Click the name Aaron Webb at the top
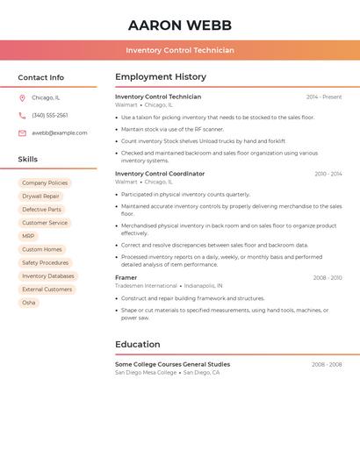coord(180,25)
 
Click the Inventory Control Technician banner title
coord(180,50)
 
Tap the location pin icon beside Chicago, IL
coord(22,98)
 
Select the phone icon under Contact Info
coord(22,116)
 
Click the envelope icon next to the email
coord(22,133)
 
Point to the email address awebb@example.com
coord(60,133)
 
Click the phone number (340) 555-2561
coord(50,116)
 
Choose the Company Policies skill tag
coord(45,183)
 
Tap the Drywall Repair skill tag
coord(40,197)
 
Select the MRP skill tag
coord(28,236)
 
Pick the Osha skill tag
coord(29,303)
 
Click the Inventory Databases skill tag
coord(48,276)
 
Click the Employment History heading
coord(161,77)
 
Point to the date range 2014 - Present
coord(324,97)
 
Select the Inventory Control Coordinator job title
coord(160,174)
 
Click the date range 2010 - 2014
coord(328,174)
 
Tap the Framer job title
coord(126,278)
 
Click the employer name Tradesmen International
coord(147,286)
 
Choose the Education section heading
coord(138,345)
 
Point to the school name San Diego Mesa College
coord(146,373)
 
